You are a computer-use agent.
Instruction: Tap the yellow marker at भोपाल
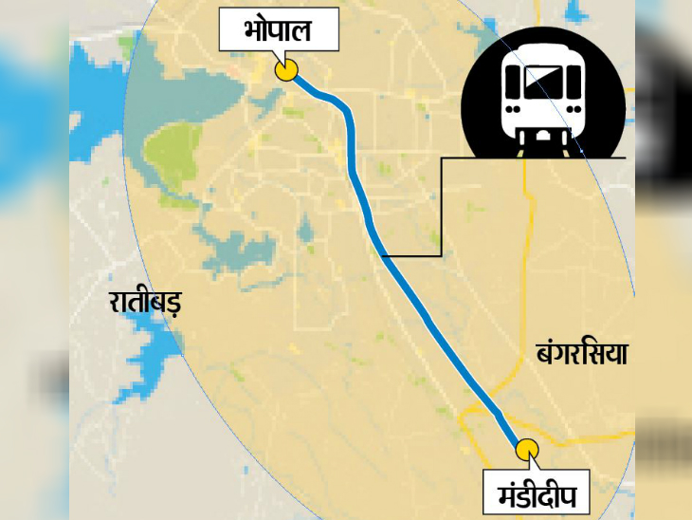285,70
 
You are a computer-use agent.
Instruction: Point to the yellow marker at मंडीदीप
527,449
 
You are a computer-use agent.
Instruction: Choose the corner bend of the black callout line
441,255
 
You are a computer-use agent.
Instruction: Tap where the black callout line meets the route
382,255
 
